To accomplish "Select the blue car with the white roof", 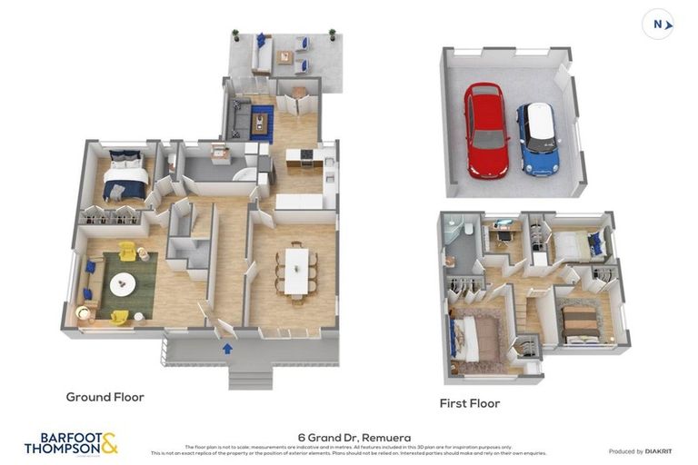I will point(538,138).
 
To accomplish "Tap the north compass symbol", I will point(658,25).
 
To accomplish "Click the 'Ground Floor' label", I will point(105,397).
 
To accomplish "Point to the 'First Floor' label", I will point(470,403).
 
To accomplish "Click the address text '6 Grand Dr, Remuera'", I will point(354,437).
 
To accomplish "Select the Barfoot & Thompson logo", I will point(71,444).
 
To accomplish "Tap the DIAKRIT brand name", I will point(657,451).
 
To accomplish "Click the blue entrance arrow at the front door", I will point(227,347).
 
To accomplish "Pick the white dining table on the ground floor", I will point(296,271).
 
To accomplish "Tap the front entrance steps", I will point(250,376).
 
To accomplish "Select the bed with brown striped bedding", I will point(579,322).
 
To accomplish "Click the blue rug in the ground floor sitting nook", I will point(262,122).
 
